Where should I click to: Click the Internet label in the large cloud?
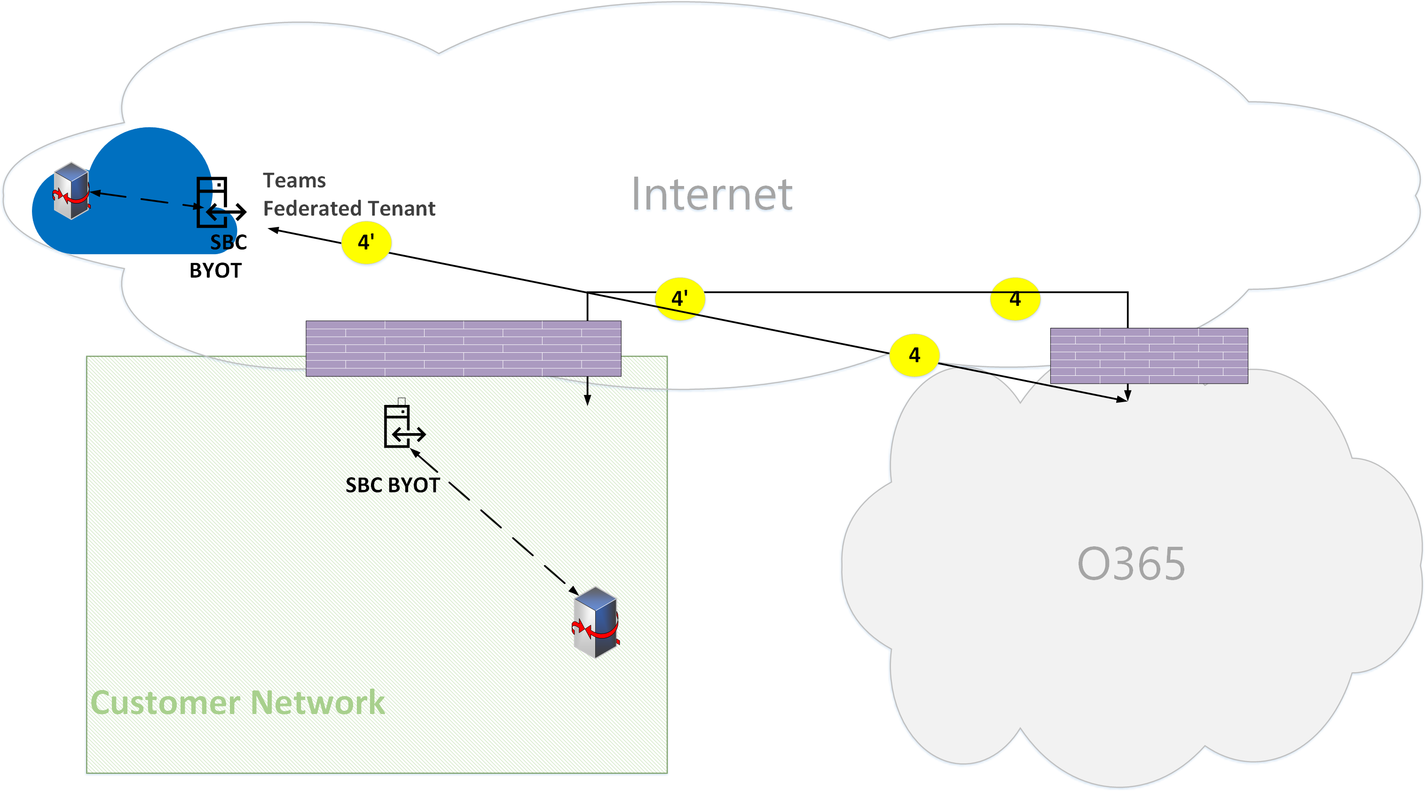[712, 194]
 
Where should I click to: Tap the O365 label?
[1131, 564]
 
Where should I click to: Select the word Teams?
[294, 181]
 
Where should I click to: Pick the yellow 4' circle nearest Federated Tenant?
[366, 242]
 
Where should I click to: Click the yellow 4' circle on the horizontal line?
[680, 299]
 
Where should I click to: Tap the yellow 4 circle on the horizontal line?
[1015, 299]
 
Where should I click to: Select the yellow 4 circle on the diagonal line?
[914, 355]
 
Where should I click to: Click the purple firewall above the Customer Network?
[463, 349]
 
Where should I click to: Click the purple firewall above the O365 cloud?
[1149, 356]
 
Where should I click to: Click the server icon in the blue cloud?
[71, 191]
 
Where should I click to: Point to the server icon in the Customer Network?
[596, 623]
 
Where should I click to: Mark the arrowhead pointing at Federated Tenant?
[274, 230]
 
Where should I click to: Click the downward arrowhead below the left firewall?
[587, 400]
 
